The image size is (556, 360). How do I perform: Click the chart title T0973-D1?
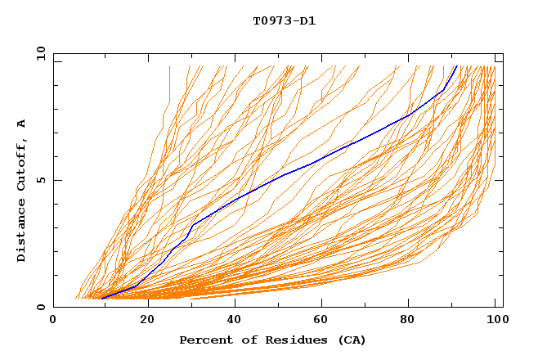click(x=284, y=21)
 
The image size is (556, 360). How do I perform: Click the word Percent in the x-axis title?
click(x=204, y=340)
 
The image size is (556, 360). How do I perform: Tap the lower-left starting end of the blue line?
click(x=101, y=298)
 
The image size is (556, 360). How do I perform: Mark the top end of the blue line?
click(x=456, y=66)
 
